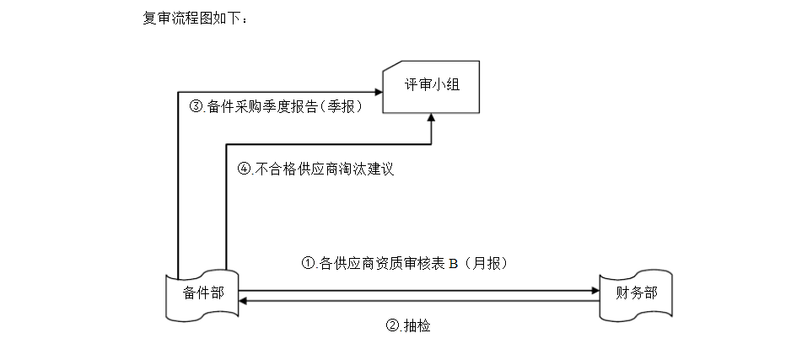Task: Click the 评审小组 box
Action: point(431,86)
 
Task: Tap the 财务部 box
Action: point(637,294)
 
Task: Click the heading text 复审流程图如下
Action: point(195,18)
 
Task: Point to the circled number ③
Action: point(196,107)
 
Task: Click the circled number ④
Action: point(244,169)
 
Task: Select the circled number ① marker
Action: point(308,263)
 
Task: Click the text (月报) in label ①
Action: point(487,263)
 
